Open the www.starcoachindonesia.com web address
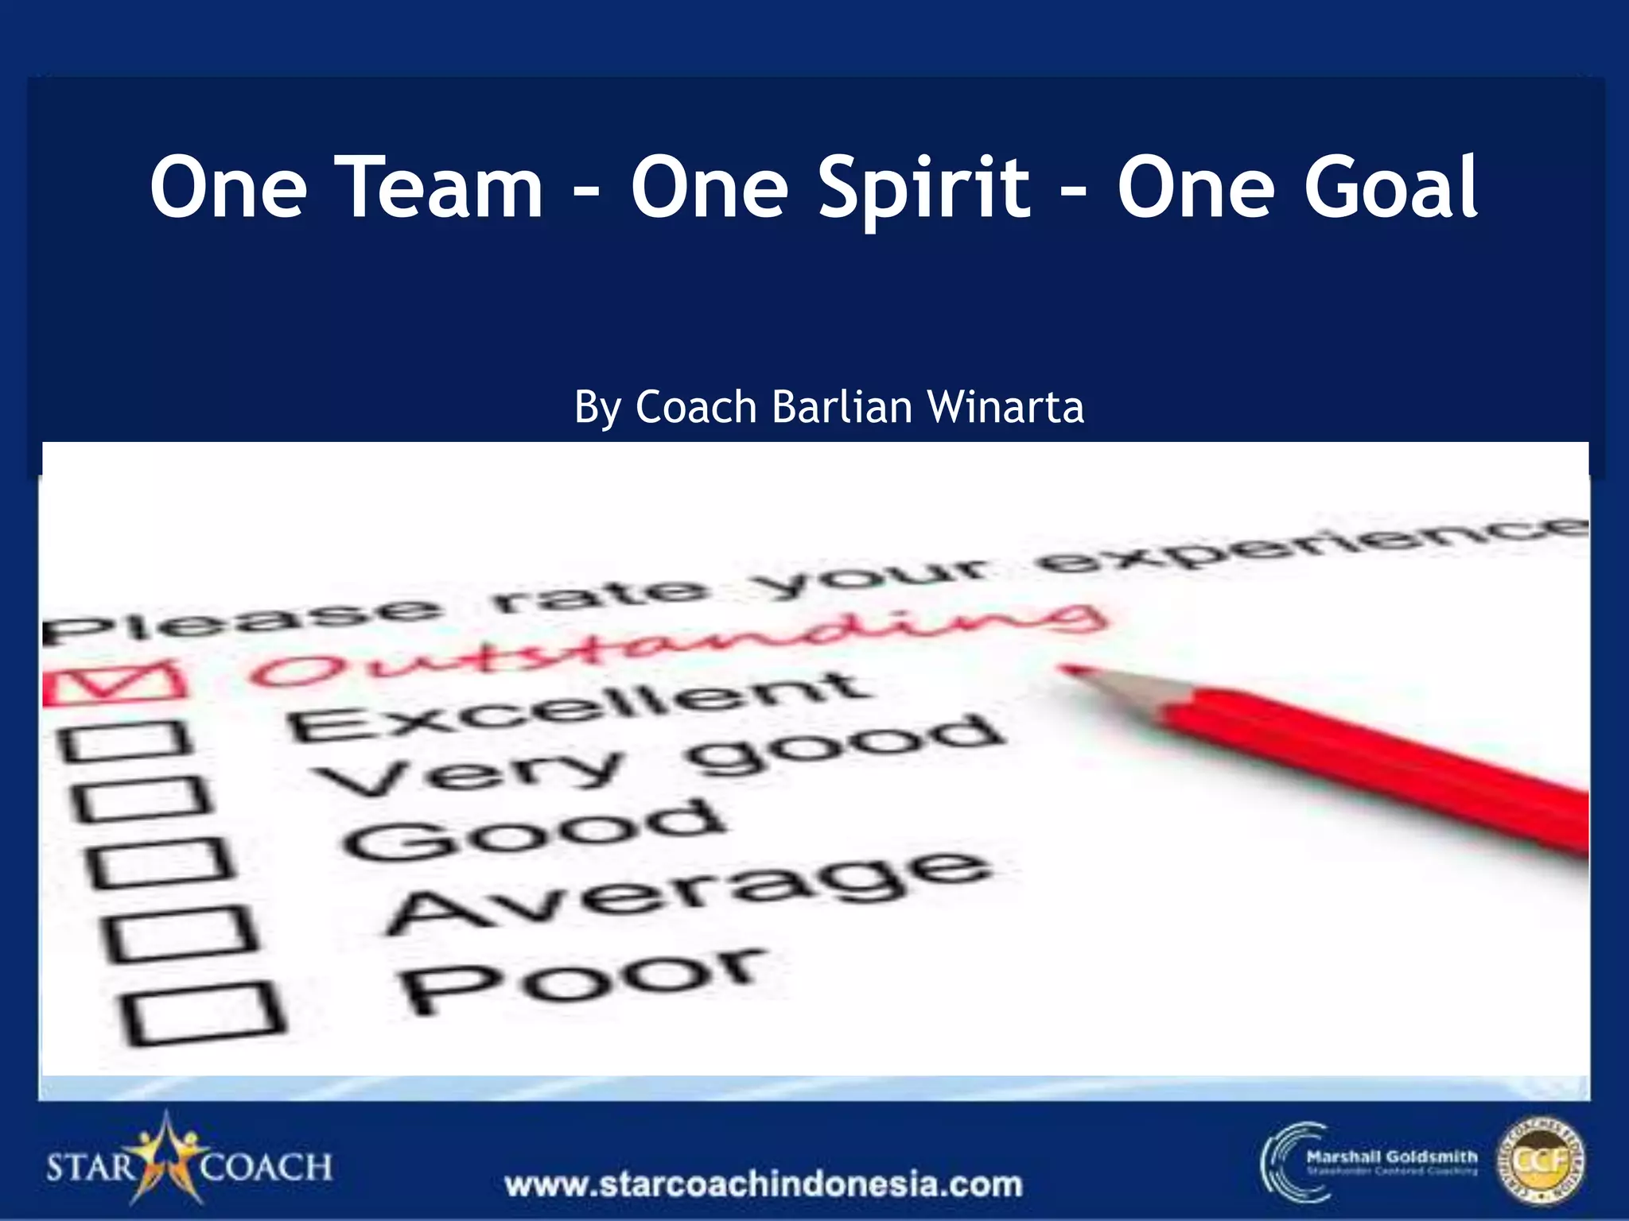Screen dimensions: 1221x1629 click(764, 1184)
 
